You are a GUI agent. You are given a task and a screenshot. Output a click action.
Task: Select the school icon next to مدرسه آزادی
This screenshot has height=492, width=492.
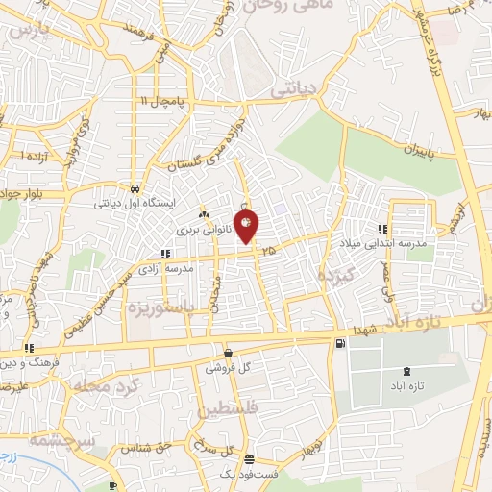tap(166, 255)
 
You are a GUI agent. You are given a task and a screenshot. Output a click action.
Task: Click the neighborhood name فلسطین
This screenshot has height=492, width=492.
tap(231, 410)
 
